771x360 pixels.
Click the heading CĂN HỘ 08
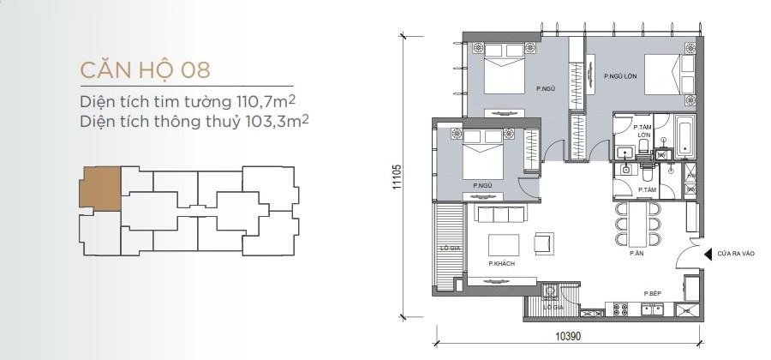[145, 69]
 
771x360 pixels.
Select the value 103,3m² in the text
[277, 121]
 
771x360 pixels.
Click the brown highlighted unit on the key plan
[101, 189]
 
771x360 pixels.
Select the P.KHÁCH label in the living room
[501, 264]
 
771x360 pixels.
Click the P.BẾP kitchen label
[653, 294]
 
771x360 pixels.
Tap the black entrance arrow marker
[708, 254]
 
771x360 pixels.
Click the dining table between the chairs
[637, 225]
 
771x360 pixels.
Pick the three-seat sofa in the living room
[500, 214]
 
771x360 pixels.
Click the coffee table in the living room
[504, 245]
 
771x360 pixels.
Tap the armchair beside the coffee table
[544, 243]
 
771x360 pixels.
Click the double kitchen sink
[653, 309]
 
